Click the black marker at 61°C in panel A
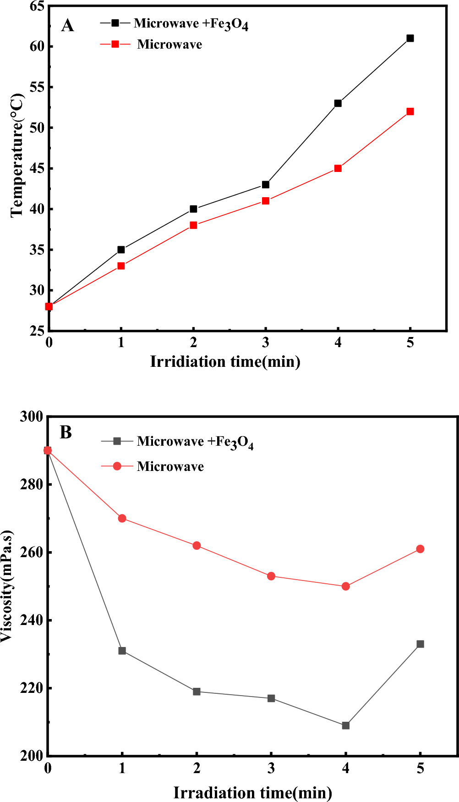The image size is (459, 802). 410,38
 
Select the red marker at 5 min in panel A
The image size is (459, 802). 410,111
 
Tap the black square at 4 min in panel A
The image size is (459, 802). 338,103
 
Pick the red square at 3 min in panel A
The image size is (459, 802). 266,201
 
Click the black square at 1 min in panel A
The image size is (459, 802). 121,249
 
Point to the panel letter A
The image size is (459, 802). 67,26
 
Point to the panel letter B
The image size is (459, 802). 66,432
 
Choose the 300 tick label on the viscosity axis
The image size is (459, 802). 31,416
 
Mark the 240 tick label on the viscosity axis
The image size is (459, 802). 31,620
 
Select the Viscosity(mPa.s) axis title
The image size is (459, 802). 7,586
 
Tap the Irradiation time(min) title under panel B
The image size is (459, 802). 252,792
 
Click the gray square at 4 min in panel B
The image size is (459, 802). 346,725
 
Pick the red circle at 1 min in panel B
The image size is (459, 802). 122,518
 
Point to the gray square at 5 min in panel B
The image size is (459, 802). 420,644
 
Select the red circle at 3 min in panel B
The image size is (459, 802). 271,576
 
